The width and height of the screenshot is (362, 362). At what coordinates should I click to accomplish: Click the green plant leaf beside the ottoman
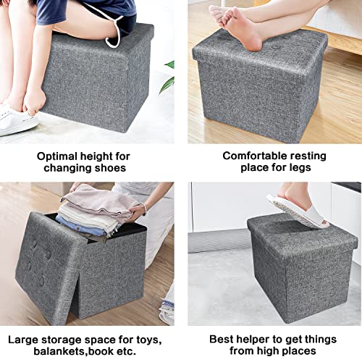(x=169, y=65)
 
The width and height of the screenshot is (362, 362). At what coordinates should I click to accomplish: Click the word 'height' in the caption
(x=109, y=156)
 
